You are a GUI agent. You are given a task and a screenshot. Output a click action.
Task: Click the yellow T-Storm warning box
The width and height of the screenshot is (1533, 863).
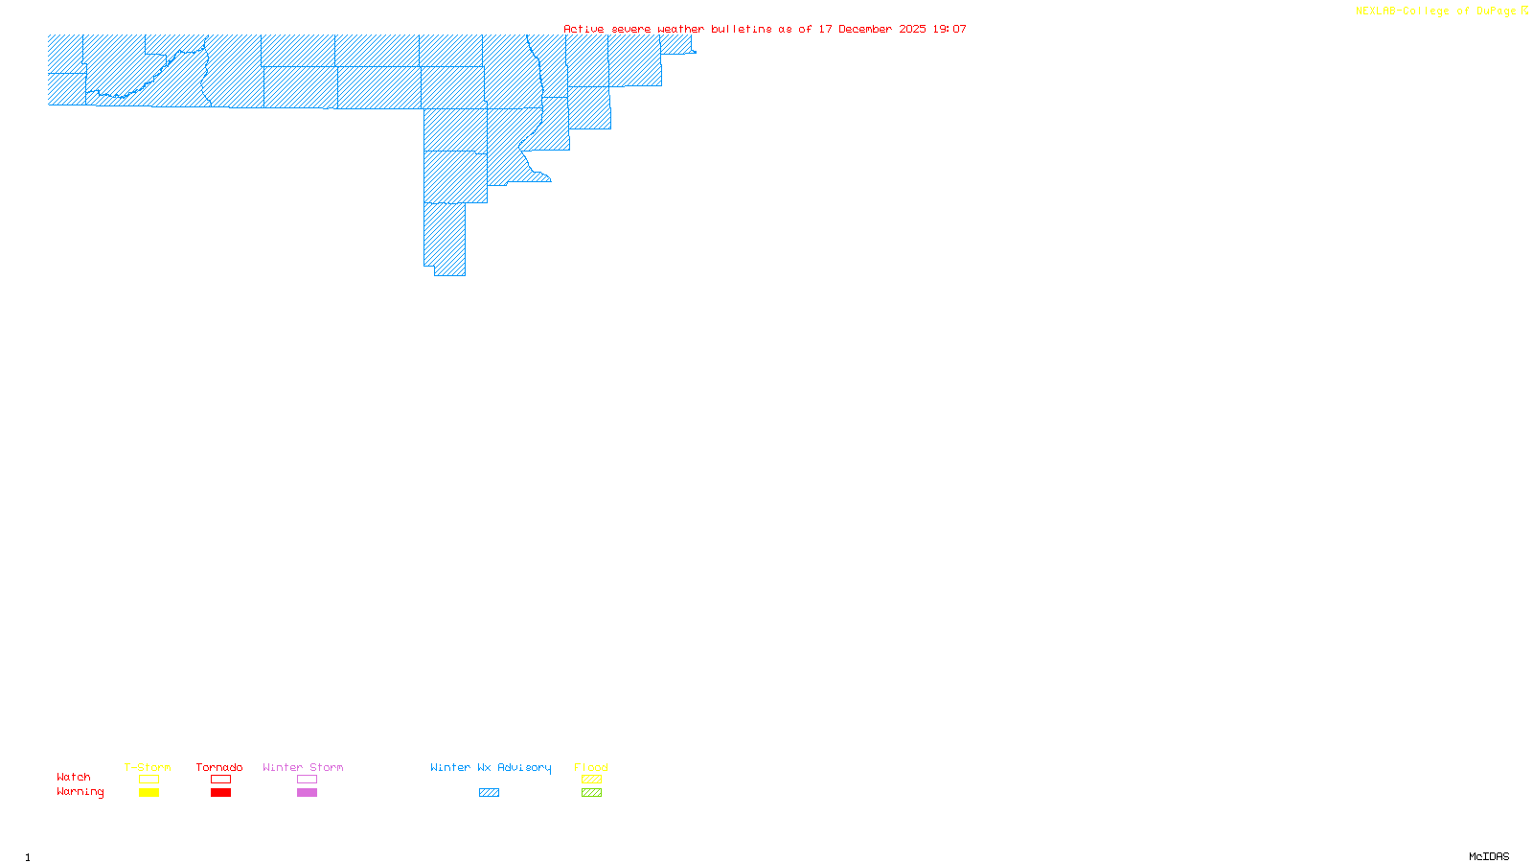[149, 793]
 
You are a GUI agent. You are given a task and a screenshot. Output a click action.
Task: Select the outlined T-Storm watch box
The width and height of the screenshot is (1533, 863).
[149, 780]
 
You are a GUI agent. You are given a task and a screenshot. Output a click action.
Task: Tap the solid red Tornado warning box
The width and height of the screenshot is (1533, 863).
[220, 793]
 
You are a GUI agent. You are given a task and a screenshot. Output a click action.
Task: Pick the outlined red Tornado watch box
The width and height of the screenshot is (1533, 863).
[220, 780]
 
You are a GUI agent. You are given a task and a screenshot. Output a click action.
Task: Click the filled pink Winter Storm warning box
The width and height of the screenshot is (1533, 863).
[307, 793]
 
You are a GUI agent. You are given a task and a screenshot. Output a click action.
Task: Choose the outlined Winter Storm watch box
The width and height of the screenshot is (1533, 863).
[307, 780]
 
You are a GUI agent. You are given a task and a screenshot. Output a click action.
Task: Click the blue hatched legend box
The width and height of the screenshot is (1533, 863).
[489, 793]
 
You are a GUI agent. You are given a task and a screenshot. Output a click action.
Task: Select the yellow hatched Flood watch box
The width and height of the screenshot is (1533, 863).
[591, 780]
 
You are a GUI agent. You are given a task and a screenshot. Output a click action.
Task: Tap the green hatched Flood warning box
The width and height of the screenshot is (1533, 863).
[591, 793]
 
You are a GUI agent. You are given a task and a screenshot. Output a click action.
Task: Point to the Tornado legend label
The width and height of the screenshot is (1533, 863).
[219, 767]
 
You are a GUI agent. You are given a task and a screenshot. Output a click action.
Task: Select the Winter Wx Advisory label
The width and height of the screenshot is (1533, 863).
[491, 767]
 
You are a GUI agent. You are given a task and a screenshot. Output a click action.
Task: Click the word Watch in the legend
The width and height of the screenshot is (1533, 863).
[74, 778]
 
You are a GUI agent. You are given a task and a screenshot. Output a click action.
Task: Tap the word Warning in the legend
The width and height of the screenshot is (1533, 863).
[80, 792]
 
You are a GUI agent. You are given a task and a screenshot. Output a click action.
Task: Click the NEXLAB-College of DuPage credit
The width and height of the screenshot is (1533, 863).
[1436, 12]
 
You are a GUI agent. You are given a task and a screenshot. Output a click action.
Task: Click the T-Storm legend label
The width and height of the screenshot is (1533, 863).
[148, 767]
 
